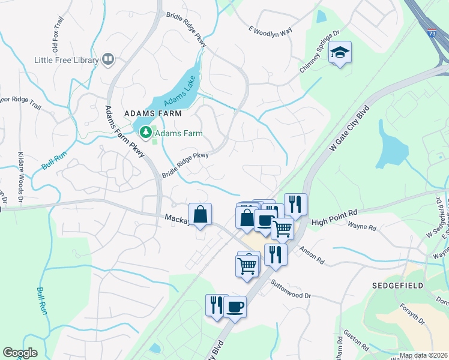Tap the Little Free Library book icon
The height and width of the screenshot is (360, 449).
point(108,59)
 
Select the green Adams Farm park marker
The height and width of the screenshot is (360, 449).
point(145,131)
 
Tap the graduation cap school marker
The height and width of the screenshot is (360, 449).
point(340,53)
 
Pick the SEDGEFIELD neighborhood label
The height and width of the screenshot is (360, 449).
point(397,285)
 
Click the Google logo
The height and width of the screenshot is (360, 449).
point(20,353)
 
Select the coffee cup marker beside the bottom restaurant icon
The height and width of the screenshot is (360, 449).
point(235,307)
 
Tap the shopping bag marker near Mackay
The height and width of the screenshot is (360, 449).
point(200,215)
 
